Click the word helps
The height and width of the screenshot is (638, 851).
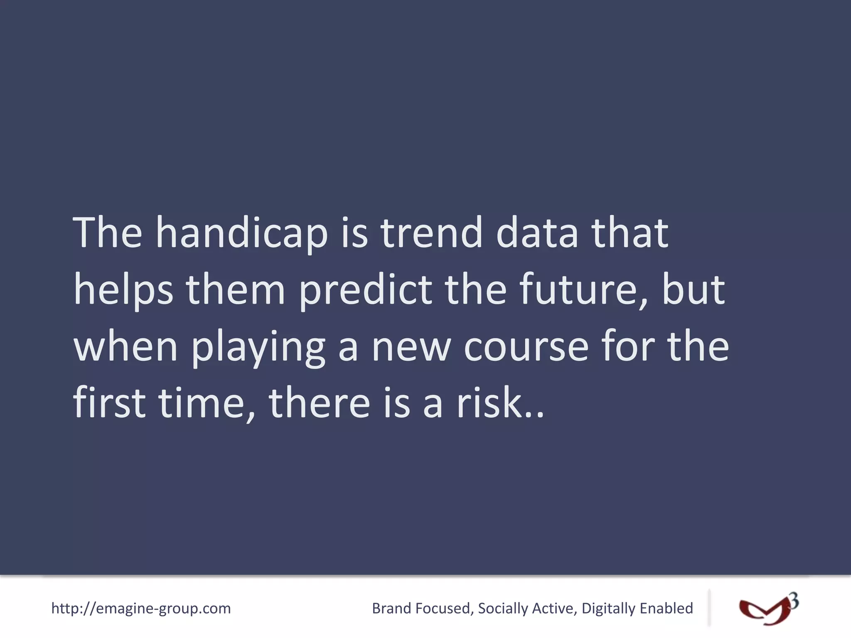coord(123,291)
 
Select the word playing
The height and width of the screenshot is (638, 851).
coord(258,348)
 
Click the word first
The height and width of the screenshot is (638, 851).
coord(109,403)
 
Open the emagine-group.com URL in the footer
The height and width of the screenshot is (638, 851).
coord(141,609)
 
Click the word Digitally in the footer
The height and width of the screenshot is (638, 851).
coord(608,609)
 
